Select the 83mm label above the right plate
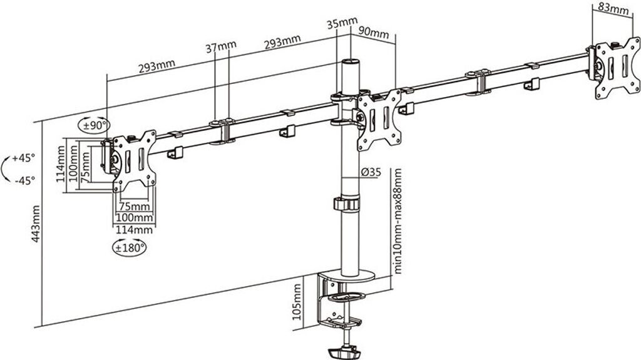[x=613, y=9]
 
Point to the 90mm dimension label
[x=374, y=31]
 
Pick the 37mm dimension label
[x=221, y=46]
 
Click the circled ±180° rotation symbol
[x=130, y=247]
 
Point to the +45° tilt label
[x=24, y=158]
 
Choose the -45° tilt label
[x=24, y=180]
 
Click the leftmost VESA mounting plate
[x=133, y=161]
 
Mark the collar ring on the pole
[x=347, y=204]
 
